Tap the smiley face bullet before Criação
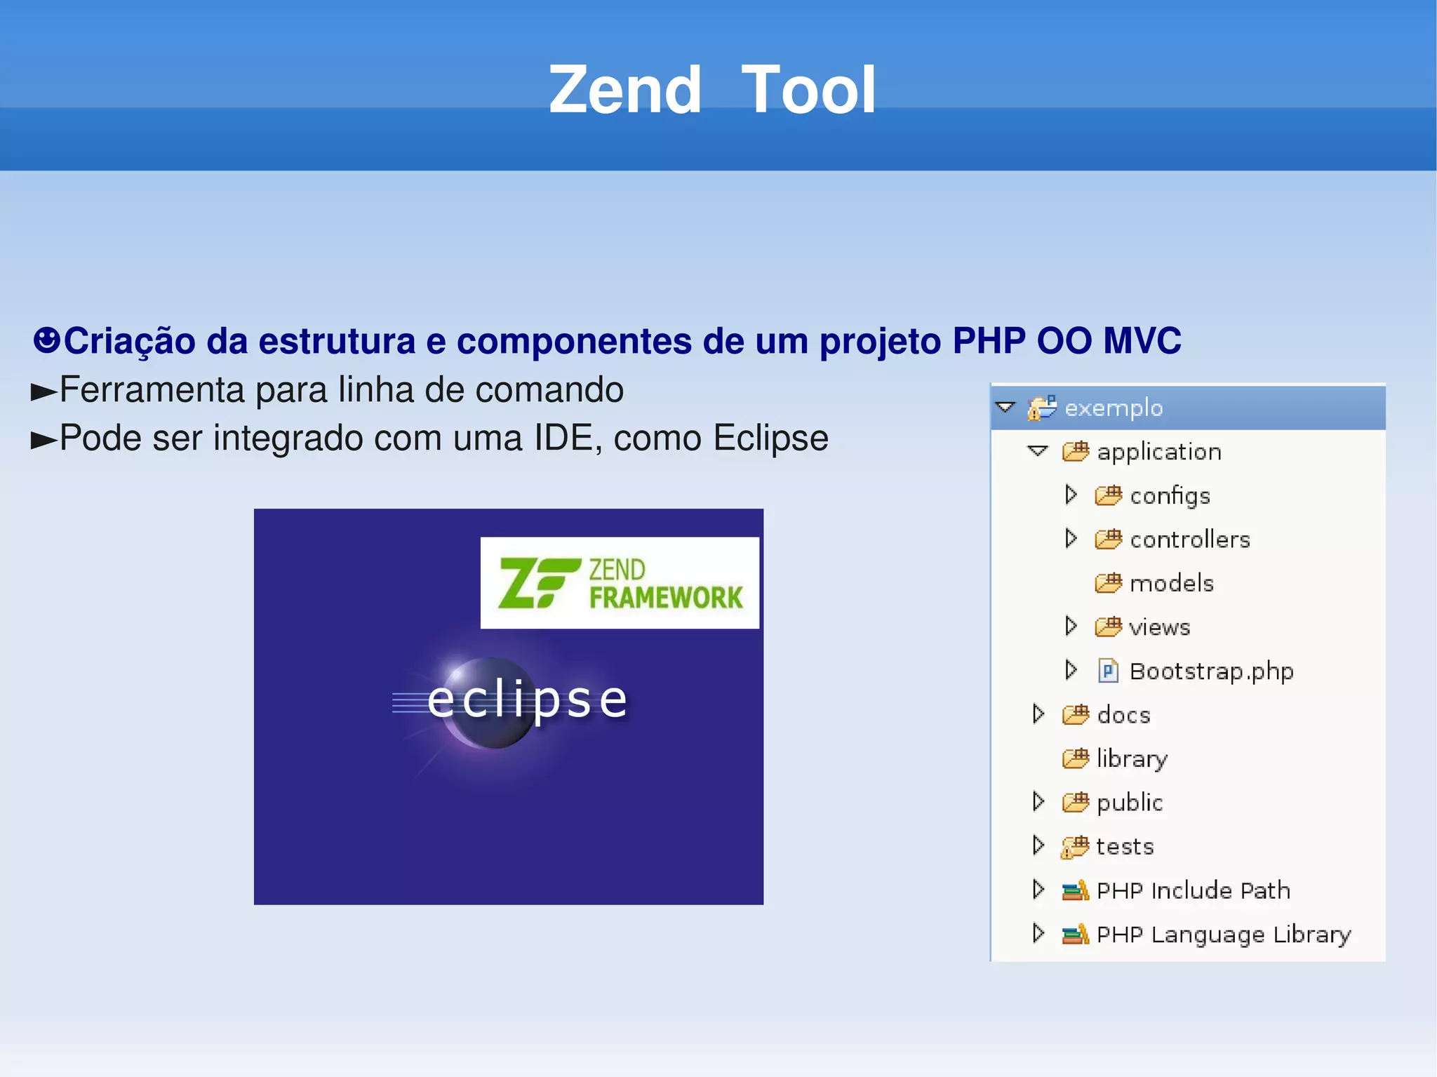pos(46,340)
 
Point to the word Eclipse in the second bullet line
pos(770,439)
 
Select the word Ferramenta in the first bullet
pos(152,390)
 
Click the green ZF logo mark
pos(537,582)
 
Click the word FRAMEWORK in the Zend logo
pos(665,598)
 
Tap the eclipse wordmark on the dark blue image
pos(528,700)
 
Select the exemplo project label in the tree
pos(1114,408)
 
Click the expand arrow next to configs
pos(1071,495)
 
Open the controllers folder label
pos(1190,540)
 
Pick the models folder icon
pos(1109,582)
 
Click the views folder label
pos(1159,627)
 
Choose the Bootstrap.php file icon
pos(1108,671)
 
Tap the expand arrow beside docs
pos(1038,714)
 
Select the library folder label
pos(1132,758)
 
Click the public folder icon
pos(1076,802)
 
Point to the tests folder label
pos(1125,846)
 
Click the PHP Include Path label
pos(1193,890)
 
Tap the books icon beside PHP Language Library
pos(1075,934)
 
